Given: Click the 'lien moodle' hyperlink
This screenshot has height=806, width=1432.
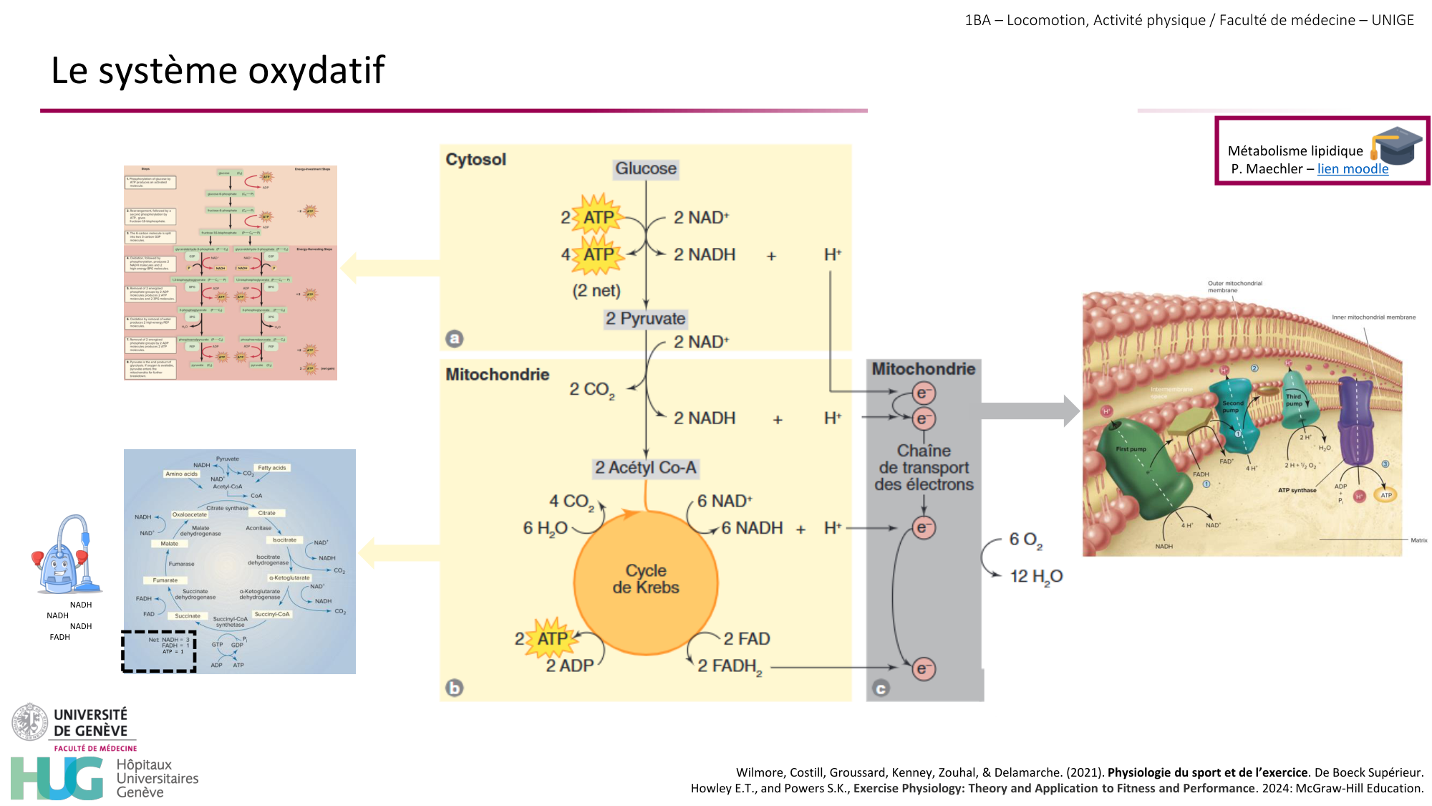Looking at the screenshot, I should pyautogui.click(x=1353, y=169).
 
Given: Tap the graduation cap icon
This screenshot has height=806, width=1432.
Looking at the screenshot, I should pyautogui.click(x=1397, y=145).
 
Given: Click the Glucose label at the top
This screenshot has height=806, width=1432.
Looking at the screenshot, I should pyautogui.click(x=646, y=169).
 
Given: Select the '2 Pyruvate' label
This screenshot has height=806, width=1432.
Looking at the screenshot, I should pyautogui.click(x=645, y=319).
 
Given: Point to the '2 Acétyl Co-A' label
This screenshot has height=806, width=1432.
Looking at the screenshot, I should pyautogui.click(x=645, y=468).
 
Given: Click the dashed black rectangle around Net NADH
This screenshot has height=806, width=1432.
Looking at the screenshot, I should pyautogui.click(x=159, y=651).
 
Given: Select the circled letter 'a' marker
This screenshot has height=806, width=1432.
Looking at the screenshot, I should pyautogui.click(x=455, y=338).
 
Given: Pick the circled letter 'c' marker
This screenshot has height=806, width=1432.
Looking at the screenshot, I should pyautogui.click(x=881, y=689).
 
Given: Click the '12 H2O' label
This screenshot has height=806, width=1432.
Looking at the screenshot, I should pyautogui.click(x=1036, y=577).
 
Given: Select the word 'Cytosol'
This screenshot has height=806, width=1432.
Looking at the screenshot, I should pyautogui.click(x=475, y=159).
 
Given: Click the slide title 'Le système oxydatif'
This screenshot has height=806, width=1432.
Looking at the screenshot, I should pyautogui.click(x=218, y=70).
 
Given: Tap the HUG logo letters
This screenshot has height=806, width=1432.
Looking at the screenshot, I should pyautogui.click(x=57, y=778).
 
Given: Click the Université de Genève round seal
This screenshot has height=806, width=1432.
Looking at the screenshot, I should pyautogui.click(x=29, y=722).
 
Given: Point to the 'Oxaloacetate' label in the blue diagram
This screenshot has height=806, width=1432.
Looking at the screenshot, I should pyautogui.click(x=190, y=514).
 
